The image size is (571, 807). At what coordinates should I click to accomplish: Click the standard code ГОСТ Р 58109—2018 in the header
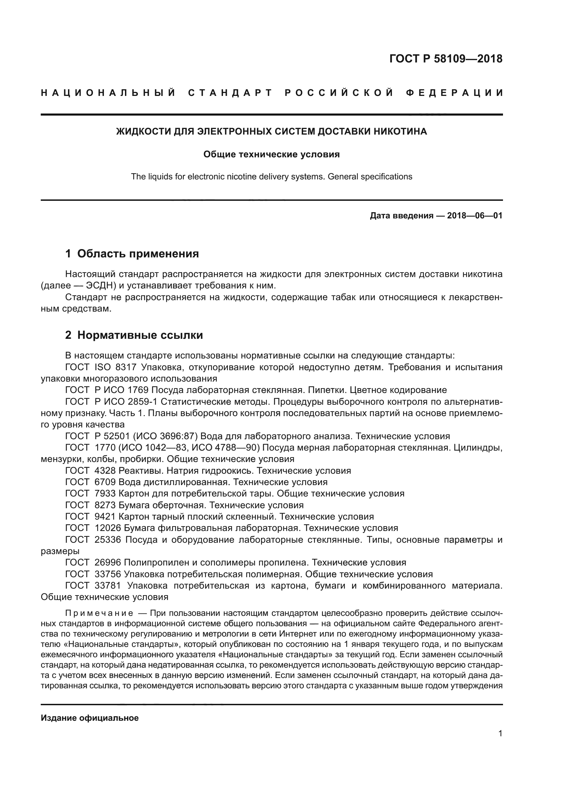click(x=445, y=59)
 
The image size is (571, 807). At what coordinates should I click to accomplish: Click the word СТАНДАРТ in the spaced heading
click(x=230, y=93)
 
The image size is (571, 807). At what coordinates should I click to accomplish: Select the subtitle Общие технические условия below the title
click(x=271, y=154)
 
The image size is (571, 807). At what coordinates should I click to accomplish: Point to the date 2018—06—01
click(x=474, y=215)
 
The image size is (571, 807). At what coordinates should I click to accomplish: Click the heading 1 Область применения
click(x=132, y=254)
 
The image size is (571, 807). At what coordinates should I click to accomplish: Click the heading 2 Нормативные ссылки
click(x=134, y=335)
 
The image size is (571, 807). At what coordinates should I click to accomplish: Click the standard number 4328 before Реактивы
click(x=105, y=471)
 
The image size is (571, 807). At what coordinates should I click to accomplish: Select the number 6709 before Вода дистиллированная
click(x=105, y=482)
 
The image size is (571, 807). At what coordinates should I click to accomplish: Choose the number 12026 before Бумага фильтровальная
click(x=108, y=528)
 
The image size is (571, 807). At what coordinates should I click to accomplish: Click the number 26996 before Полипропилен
click(x=108, y=562)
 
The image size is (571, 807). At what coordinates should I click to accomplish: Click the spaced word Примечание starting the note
click(x=99, y=613)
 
